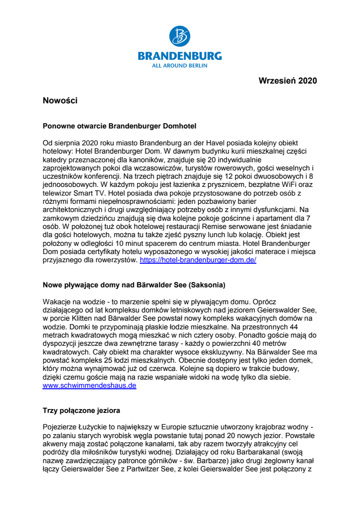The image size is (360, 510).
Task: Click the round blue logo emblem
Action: click(x=180, y=37)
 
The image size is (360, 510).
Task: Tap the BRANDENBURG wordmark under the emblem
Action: click(x=180, y=56)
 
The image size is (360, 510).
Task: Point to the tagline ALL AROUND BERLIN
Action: click(x=180, y=65)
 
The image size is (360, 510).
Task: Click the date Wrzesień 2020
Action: click(x=288, y=81)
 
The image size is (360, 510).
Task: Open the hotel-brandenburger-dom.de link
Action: click(x=198, y=260)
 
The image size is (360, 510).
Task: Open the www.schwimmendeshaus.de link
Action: click(x=90, y=386)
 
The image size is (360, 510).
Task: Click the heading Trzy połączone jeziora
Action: click(x=82, y=411)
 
